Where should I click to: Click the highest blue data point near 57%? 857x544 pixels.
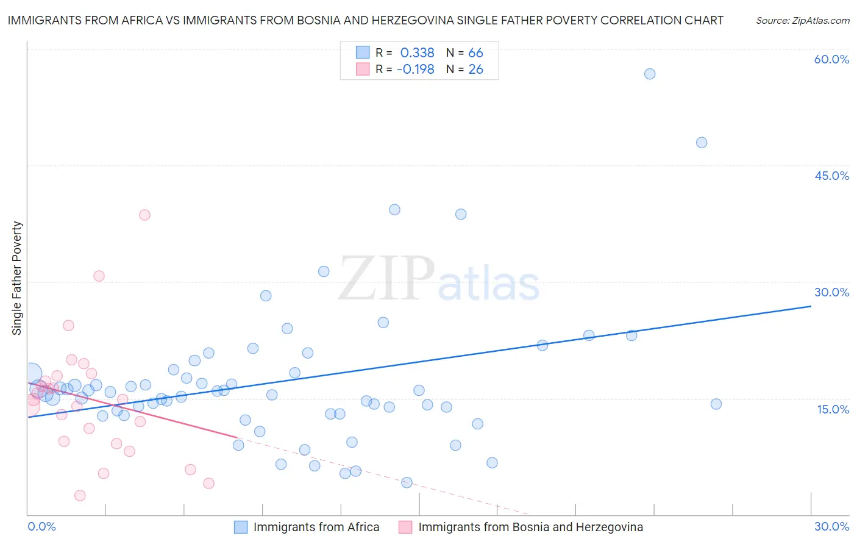pyautogui.click(x=650, y=74)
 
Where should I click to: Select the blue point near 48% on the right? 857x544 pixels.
pyautogui.click(x=702, y=143)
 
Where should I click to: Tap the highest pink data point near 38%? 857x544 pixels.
pyautogui.click(x=144, y=215)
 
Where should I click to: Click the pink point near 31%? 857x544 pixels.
pyautogui.click(x=99, y=276)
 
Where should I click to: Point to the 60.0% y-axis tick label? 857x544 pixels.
pyautogui.click(x=831, y=59)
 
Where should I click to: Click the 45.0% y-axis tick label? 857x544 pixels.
pyautogui.click(x=831, y=176)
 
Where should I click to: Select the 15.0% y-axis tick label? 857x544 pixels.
pyautogui.click(x=833, y=409)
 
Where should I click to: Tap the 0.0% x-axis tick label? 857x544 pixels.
pyautogui.click(x=41, y=526)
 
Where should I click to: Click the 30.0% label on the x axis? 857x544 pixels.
pyautogui.click(x=831, y=526)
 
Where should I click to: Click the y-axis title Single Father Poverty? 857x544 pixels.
pyautogui.click(x=17, y=278)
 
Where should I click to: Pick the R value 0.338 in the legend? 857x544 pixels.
pyautogui.click(x=417, y=53)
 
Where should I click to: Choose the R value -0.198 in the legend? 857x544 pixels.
pyautogui.click(x=415, y=70)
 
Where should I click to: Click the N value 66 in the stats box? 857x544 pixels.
pyautogui.click(x=475, y=53)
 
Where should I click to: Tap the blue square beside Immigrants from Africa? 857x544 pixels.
pyautogui.click(x=241, y=527)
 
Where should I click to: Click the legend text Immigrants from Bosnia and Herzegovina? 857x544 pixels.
pyautogui.click(x=530, y=527)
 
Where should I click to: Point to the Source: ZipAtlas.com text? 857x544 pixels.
pyautogui.click(x=802, y=21)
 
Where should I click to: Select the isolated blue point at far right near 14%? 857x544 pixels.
pyautogui.click(x=716, y=404)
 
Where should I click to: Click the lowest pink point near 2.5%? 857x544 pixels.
pyautogui.click(x=80, y=495)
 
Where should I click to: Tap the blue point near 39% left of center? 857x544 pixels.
pyautogui.click(x=394, y=210)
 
